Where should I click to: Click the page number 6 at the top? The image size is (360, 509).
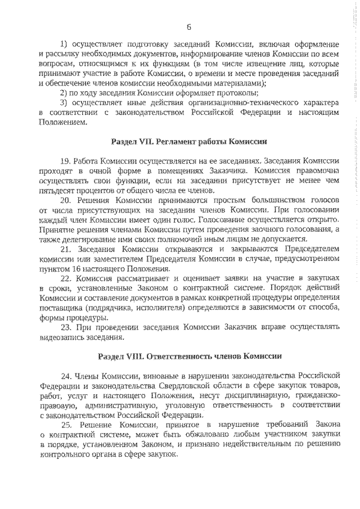click(x=189, y=26)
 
